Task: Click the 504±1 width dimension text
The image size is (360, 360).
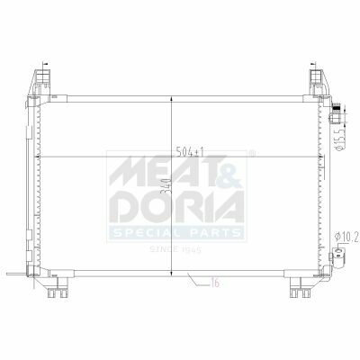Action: tap(190, 152)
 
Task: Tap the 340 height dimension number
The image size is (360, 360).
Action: tap(166, 187)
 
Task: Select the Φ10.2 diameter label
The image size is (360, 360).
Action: tap(346, 238)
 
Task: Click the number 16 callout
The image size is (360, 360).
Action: tap(214, 283)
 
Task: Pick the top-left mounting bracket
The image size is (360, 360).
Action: tap(40, 83)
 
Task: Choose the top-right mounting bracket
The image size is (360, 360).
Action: tap(319, 83)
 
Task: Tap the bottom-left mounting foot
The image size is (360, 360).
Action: tap(58, 287)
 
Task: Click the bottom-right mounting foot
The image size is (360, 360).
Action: tap(300, 287)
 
